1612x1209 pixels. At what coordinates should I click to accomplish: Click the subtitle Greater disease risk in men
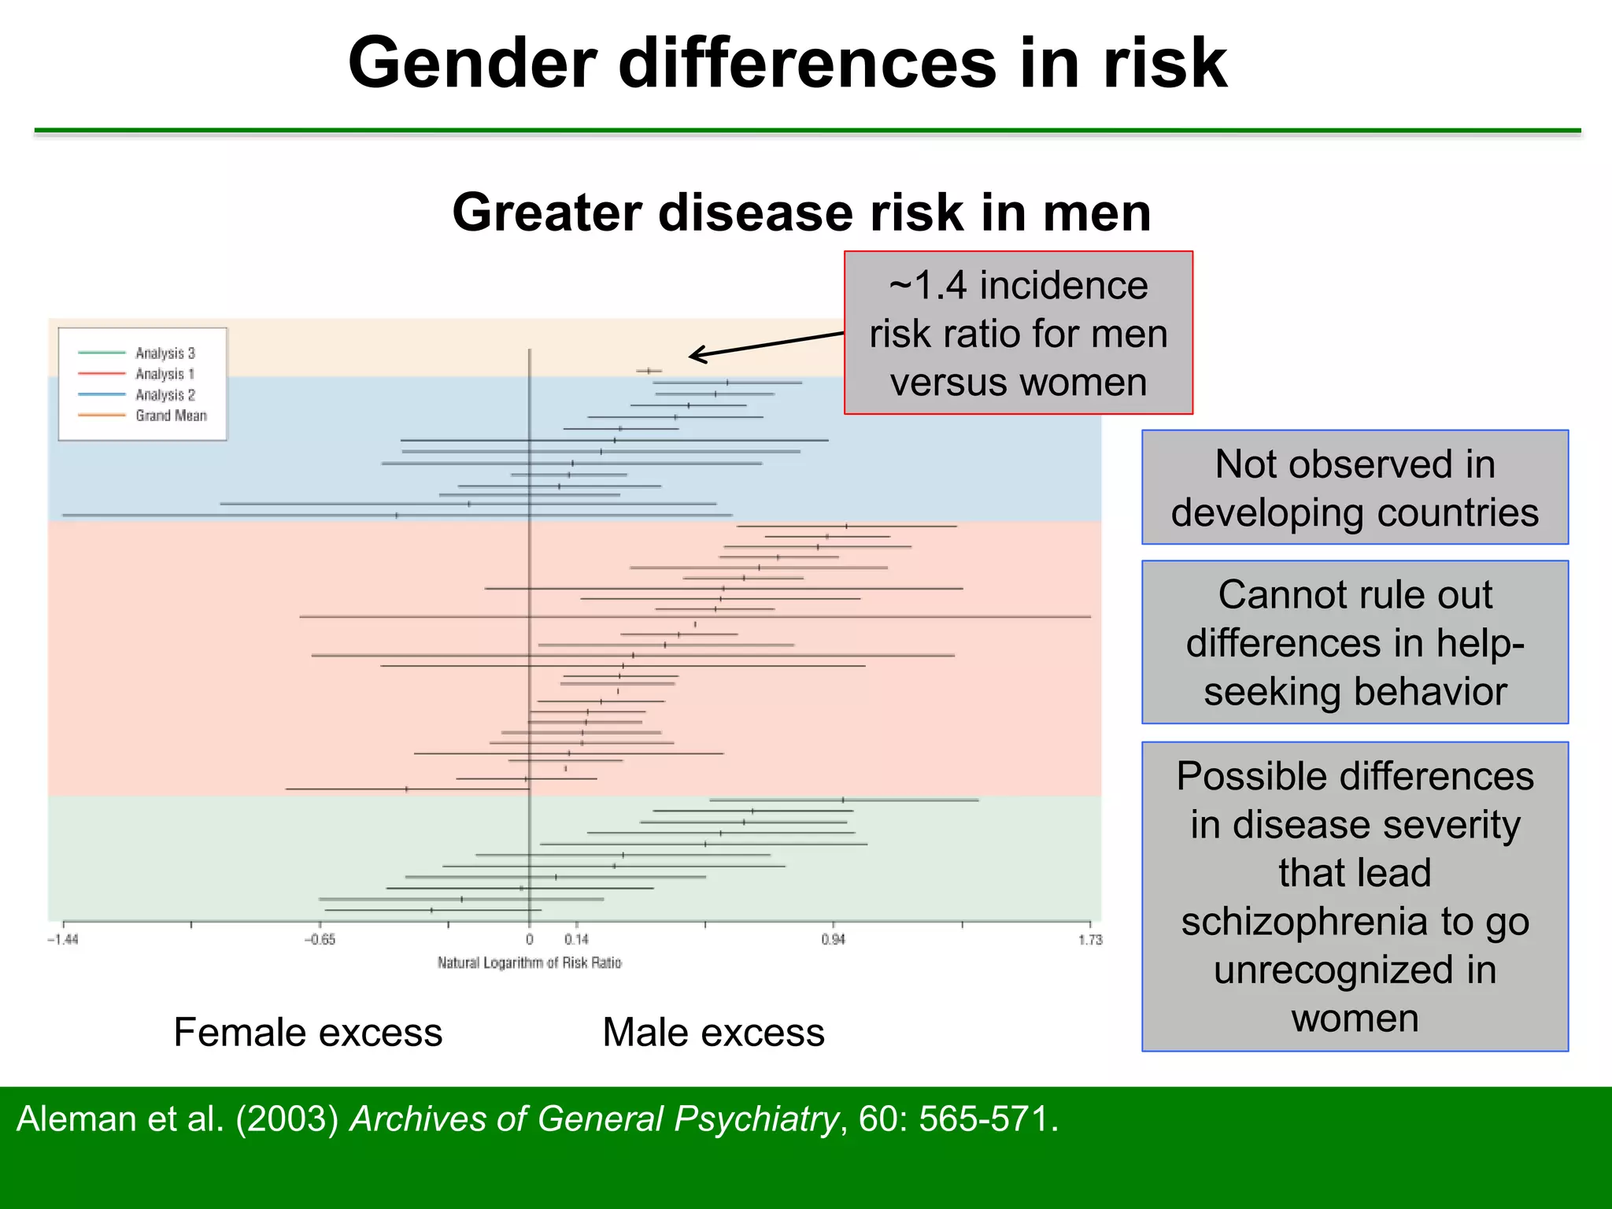(x=801, y=213)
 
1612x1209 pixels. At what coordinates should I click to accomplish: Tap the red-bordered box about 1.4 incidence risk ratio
(x=1018, y=333)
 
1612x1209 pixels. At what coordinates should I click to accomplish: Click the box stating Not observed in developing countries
(x=1355, y=487)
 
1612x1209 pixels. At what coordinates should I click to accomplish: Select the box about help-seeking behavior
(x=1355, y=642)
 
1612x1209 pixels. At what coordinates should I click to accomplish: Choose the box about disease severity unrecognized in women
(x=1355, y=897)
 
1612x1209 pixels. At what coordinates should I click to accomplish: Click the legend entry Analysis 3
(x=165, y=353)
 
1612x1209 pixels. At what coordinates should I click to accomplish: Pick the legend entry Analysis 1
(x=164, y=374)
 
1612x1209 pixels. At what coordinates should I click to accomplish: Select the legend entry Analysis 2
(x=165, y=395)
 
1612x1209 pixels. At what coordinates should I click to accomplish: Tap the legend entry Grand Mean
(x=171, y=416)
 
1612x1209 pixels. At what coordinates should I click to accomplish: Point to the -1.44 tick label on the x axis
(x=63, y=940)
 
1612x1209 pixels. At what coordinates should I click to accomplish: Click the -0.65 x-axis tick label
(x=320, y=940)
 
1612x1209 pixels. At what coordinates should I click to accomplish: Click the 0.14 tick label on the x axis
(x=576, y=940)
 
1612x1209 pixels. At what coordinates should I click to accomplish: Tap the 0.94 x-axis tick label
(x=833, y=940)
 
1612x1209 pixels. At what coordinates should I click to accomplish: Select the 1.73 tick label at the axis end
(x=1090, y=940)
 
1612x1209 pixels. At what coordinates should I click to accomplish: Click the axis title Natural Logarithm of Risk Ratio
(x=529, y=963)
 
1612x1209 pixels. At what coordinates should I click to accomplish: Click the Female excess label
(x=308, y=1032)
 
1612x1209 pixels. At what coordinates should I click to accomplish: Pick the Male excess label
(x=713, y=1032)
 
